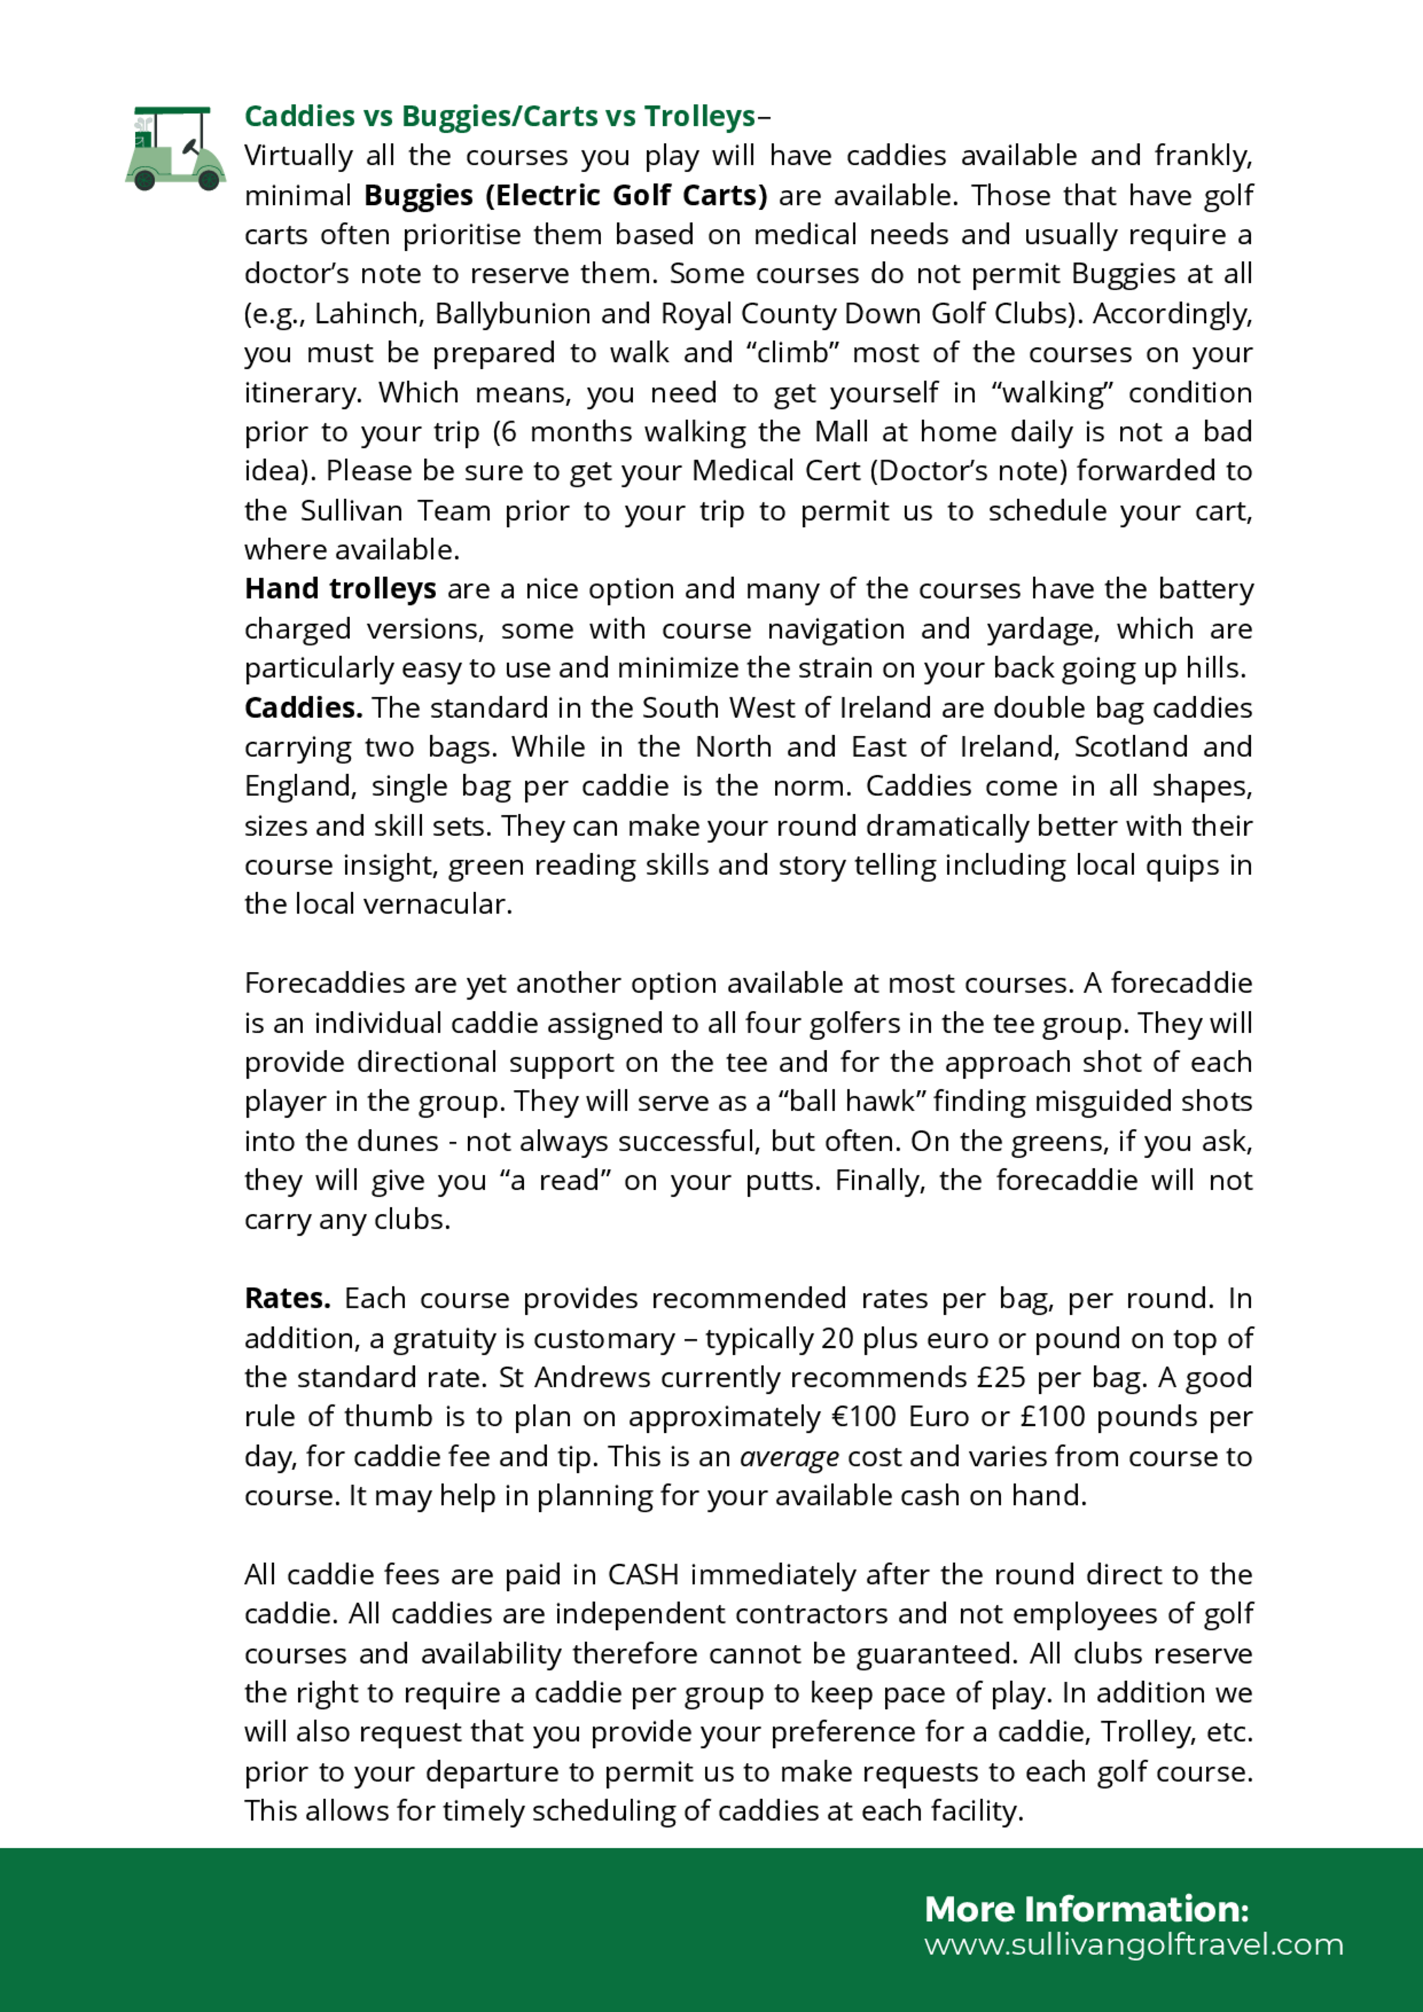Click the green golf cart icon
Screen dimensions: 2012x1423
tap(175, 148)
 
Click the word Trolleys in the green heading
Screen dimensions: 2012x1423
tap(699, 116)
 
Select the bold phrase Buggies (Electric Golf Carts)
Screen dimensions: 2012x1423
tap(565, 194)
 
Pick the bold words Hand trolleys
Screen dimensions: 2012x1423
tap(340, 589)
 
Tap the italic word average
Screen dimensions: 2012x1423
tap(788, 1456)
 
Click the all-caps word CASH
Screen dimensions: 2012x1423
tap(643, 1574)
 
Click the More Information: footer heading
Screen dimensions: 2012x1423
tap(1086, 1910)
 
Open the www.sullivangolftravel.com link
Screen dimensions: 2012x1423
tap(1133, 1944)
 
